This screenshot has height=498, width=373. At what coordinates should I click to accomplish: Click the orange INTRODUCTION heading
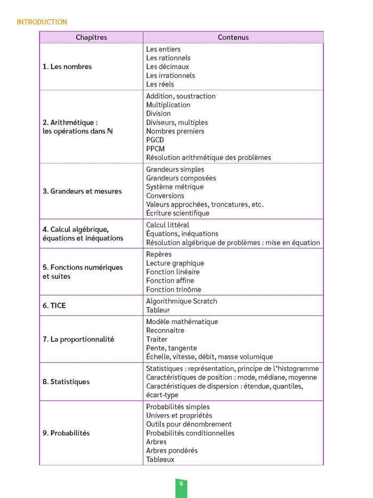coord(42,22)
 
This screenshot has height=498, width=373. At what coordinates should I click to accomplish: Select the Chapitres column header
coord(91,37)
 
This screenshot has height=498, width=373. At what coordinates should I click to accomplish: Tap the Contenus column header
coord(233,37)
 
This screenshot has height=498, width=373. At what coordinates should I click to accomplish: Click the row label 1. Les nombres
coord(67,67)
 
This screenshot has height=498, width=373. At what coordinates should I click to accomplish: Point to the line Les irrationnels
coord(171,75)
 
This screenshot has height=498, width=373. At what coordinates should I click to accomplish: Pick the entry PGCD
coord(155,140)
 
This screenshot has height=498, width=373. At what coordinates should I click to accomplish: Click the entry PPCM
coord(155,149)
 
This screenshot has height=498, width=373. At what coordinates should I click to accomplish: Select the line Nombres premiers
coord(175,131)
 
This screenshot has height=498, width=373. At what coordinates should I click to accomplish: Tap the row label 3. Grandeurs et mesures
coord(82,191)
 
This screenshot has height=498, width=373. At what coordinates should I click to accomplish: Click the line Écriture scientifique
coord(177,213)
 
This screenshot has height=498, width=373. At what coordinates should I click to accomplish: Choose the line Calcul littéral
coord(167,225)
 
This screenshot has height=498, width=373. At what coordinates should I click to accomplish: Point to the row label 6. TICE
coord(54,306)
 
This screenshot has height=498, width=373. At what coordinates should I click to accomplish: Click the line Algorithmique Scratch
coord(182,301)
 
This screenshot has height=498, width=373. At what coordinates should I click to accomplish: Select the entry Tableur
coord(158,310)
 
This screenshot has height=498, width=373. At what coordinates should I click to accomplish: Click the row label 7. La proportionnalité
coord(78,339)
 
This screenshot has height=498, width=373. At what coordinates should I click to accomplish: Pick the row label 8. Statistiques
coord(66,382)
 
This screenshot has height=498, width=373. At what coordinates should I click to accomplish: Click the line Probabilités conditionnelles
coord(190,433)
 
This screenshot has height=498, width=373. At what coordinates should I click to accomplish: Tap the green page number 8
coord(181,484)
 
